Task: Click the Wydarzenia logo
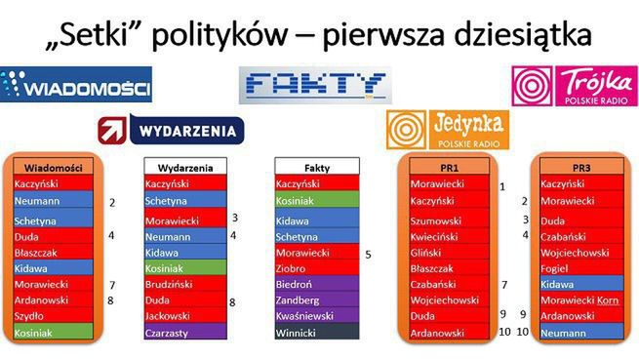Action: [x=172, y=130]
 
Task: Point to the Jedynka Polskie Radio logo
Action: [x=448, y=130]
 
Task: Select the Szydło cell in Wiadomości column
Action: [x=53, y=316]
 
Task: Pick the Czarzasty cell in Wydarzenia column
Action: [x=184, y=332]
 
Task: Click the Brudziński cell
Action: [x=184, y=284]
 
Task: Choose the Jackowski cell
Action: [x=184, y=316]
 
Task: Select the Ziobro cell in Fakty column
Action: [x=315, y=267]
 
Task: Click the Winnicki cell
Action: [x=315, y=332]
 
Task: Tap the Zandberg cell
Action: [x=315, y=300]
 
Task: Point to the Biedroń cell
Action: [x=315, y=284]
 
